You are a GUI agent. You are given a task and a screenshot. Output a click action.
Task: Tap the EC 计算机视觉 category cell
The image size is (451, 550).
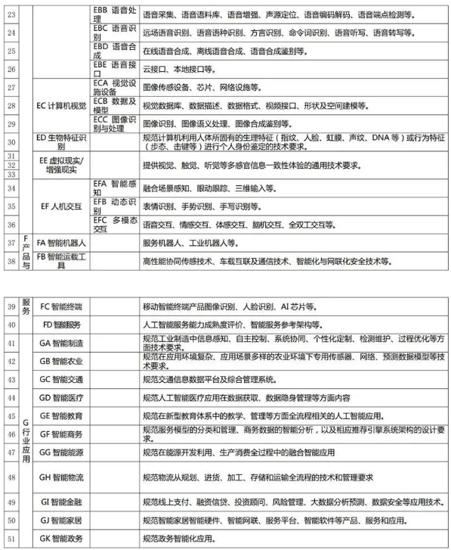click(x=63, y=105)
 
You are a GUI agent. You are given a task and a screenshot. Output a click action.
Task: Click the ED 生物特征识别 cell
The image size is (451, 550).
click(x=63, y=142)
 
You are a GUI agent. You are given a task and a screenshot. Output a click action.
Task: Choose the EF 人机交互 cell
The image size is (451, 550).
click(x=63, y=204)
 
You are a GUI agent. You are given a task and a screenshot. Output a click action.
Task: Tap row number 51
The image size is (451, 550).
click(x=11, y=539)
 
